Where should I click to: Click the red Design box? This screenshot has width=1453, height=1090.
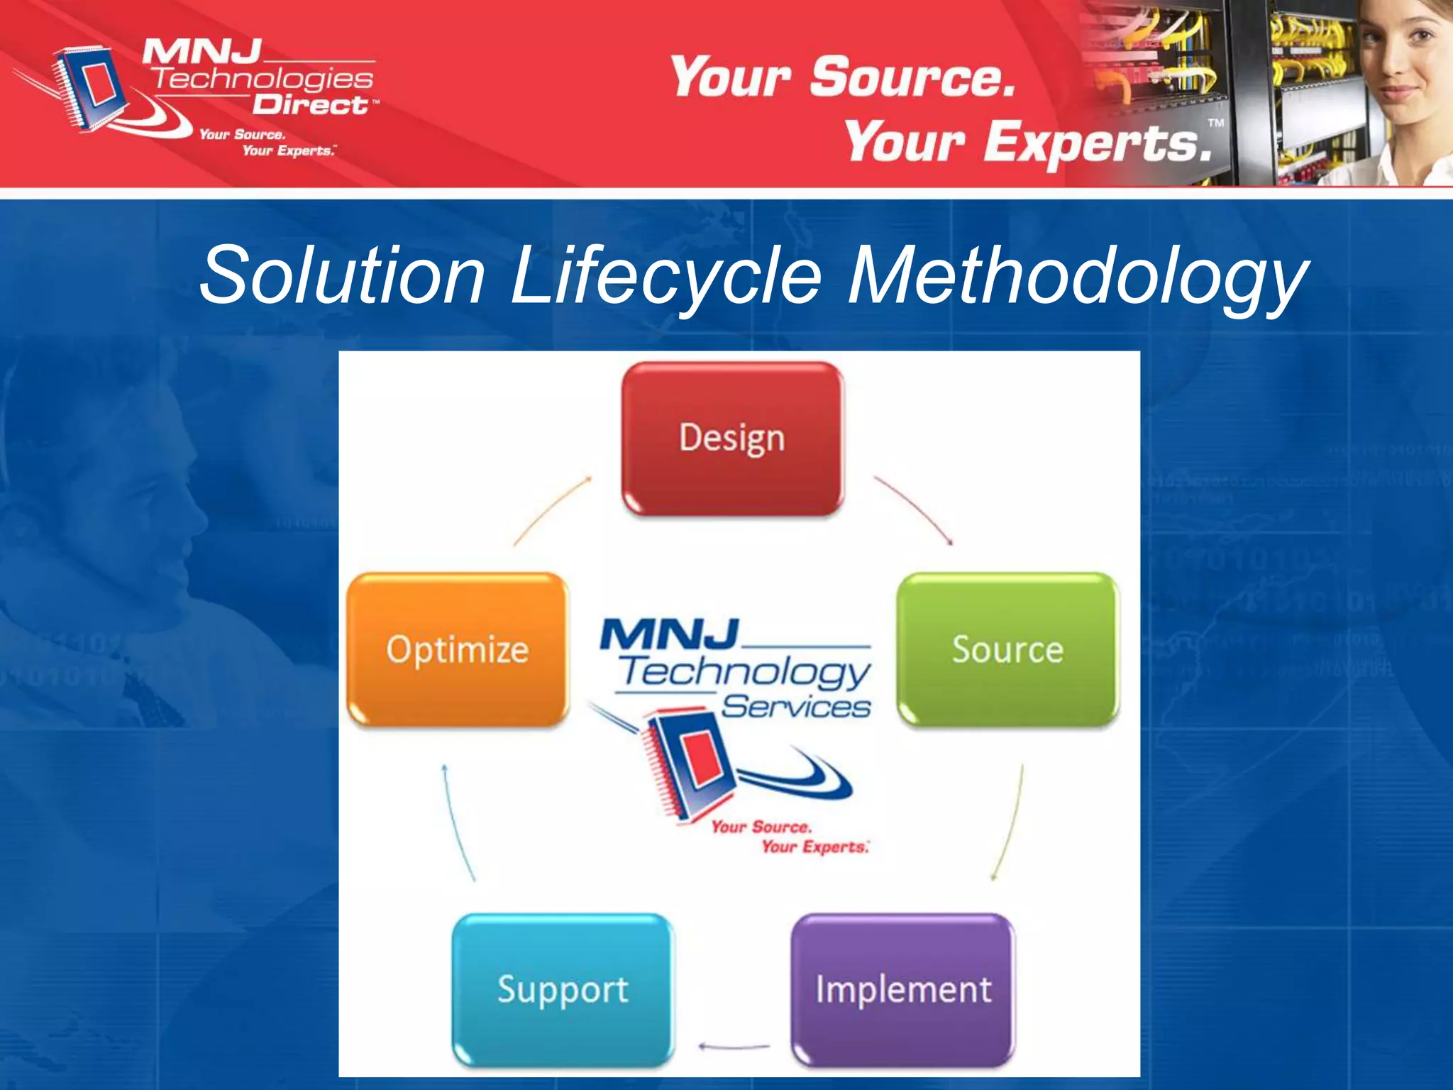pos(732,438)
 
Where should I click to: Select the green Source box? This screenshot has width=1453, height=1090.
pos(1007,649)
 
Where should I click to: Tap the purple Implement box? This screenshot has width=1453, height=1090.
pos(902,989)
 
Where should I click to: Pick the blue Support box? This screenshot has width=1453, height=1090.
pos(563,989)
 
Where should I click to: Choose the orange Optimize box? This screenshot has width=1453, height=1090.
pos(458,649)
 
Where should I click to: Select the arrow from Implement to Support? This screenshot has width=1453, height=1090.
pos(734,1046)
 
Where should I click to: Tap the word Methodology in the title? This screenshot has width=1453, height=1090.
pos(1078,275)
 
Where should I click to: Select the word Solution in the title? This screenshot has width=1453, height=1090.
pos(343,275)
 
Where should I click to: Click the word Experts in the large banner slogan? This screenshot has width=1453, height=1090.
pos(1096,142)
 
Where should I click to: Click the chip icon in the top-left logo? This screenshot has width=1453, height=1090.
pos(89,89)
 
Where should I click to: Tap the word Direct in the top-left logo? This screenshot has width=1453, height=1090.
pos(310,105)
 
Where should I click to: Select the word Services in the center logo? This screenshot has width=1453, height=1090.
pos(795,707)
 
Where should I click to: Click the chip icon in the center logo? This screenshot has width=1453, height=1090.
pos(685,766)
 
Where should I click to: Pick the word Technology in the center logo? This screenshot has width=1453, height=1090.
pos(745,671)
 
